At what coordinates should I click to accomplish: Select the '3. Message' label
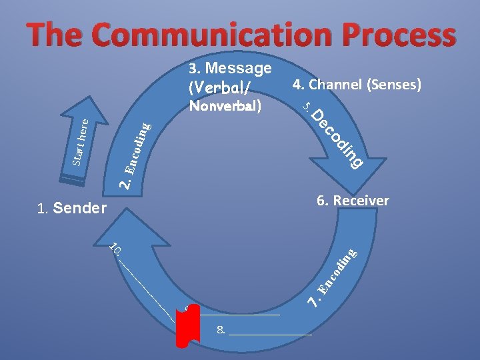click(x=230, y=69)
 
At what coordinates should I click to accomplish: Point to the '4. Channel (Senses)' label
click(x=357, y=85)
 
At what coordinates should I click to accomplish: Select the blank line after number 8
click(x=270, y=331)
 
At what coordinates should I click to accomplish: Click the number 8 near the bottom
click(x=220, y=330)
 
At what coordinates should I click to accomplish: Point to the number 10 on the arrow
click(x=115, y=249)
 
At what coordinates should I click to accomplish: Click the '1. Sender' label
click(x=72, y=209)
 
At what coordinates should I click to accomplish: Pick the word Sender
click(x=79, y=209)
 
